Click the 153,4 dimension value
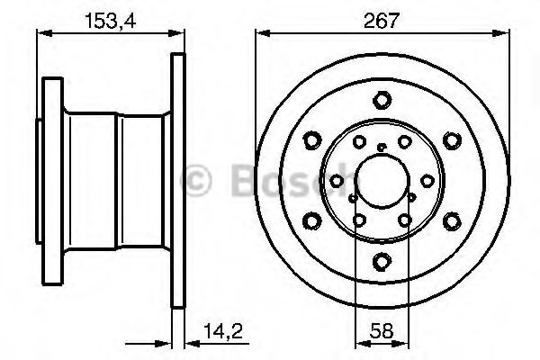pyautogui.click(x=111, y=21)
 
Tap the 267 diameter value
pyautogui.click(x=382, y=21)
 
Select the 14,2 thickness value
pyautogui.click(x=223, y=331)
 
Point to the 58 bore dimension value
pyautogui.click(x=382, y=331)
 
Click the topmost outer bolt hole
pyautogui.click(x=382, y=100)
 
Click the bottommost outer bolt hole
pyautogui.click(x=382, y=261)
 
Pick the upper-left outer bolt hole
pyautogui.click(x=312, y=140)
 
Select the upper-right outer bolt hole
pyautogui.click(x=452, y=140)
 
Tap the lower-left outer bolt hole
pyautogui.click(x=312, y=220)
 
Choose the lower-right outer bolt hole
pyautogui.click(x=452, y=220)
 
